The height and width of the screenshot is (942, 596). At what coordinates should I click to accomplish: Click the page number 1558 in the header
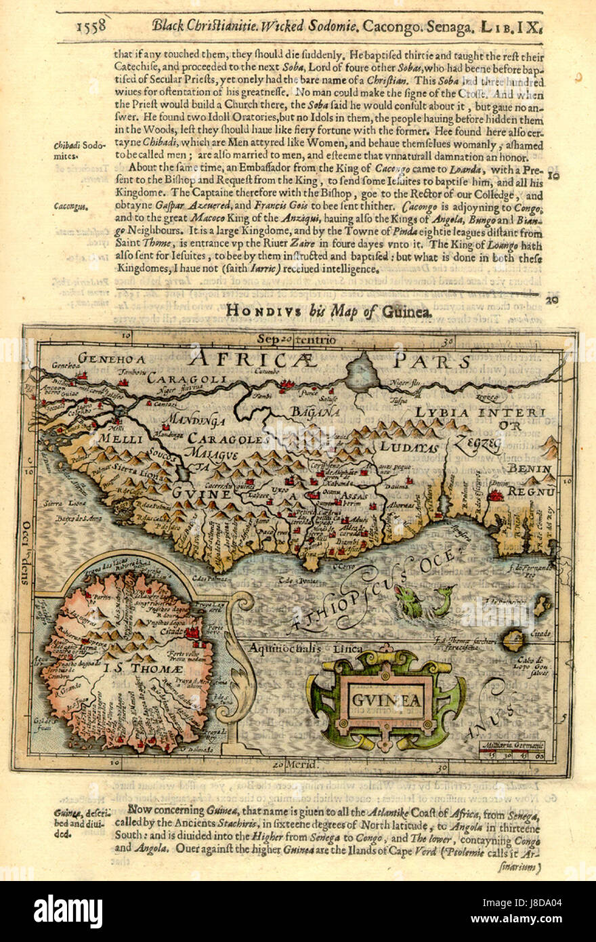(91, 26)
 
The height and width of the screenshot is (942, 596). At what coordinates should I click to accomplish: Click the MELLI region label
(120, 438)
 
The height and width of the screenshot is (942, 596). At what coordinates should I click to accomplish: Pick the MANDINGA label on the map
(196, 420)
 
